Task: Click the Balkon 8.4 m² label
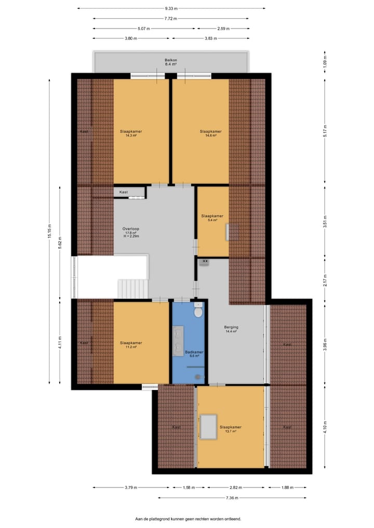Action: pos(171,62)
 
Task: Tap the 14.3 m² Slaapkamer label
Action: pos(130,133)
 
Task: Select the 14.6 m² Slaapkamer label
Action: pos(210,133)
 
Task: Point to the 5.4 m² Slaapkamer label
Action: pos(212,218)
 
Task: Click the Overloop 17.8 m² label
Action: pos(131,232)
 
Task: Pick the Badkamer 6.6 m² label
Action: pos(194,354)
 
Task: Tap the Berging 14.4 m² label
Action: pos(231,329)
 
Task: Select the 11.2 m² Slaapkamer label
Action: pos(130,345)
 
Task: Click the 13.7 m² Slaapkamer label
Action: pos(230,429)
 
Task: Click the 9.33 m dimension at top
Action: pos(171,8)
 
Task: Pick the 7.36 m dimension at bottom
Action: pos(232,498)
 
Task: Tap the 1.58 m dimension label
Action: pos(187,488)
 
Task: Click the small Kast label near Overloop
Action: pos(123,192)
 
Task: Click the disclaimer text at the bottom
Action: pos(188,519)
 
